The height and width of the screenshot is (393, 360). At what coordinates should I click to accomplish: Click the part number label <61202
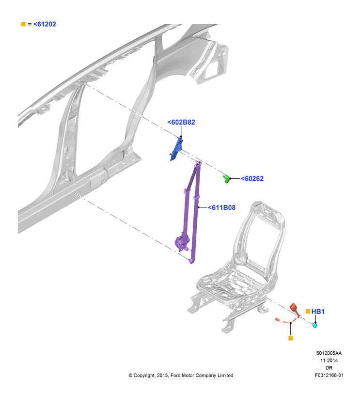coord(45,24)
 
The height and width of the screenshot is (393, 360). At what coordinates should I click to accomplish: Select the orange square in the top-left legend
coord(23,24)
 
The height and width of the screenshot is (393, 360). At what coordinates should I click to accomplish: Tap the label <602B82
coord(181,122)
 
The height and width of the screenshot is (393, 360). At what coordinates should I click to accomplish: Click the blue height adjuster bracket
coord(176,149)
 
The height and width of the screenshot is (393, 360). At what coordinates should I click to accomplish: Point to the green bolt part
coord(226,179)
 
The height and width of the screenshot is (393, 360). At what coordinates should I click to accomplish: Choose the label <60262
coord(252,178)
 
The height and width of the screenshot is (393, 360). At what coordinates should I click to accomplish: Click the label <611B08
coord(222,207)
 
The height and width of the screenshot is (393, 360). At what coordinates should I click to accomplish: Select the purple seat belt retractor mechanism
coord(182,243)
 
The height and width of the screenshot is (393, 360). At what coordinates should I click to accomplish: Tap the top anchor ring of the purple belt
coord(199,164)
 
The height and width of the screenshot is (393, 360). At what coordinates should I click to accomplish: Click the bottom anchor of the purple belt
coord(192,261)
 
